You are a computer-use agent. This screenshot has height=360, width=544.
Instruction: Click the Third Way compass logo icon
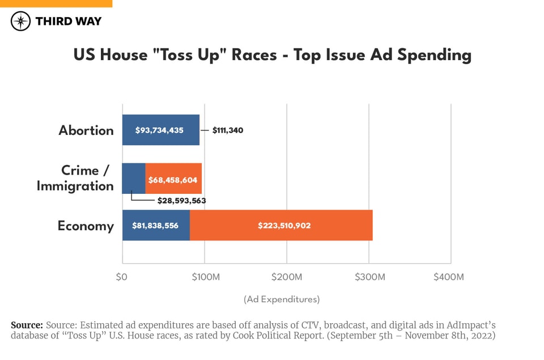pyautogui.click(x=21, y=22)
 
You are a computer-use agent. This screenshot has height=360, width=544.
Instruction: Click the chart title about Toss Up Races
pyautogui.click(x=272, y=55)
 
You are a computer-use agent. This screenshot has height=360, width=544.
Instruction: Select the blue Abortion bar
pyautogui.click(x=160, y=130)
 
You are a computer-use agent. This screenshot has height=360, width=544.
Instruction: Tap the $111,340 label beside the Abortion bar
pyautogui.click(x=228, y=130)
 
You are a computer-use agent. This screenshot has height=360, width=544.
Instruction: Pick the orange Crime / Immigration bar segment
pyautogui.click(x=173, y=179)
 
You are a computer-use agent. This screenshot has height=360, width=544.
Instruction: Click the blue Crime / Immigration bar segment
pyautogui.click(x=134, y=179)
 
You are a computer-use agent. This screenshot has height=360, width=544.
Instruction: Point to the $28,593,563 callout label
pyautogui.click(x=181, y=201)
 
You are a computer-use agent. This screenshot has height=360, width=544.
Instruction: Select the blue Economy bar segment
pyautogui.click(x=156, y=226)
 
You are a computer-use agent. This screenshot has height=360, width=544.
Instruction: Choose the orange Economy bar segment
pyautogui.click(x=281, y=226)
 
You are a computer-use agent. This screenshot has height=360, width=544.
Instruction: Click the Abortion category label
pyautogui.click(x=86, y=130)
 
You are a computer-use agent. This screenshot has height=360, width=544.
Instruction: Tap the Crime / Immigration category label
pyautogui.click(x=75, y=178)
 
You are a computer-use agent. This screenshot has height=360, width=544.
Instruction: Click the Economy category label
pyautogui.click(x=86, y=226)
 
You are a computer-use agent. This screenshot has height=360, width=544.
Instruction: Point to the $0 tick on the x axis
pyautogui.click(x=122, y=277)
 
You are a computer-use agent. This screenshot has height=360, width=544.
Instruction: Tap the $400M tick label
pyautogui.click(x=449, y=277)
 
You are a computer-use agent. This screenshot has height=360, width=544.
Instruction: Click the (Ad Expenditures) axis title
pyautogui.click(x=282, y=299)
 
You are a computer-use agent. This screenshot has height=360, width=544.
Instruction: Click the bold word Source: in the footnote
pyautogui.click(x=27, y=325)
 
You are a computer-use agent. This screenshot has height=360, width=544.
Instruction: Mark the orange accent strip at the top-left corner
pyautogui.click(x=56, y=3)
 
